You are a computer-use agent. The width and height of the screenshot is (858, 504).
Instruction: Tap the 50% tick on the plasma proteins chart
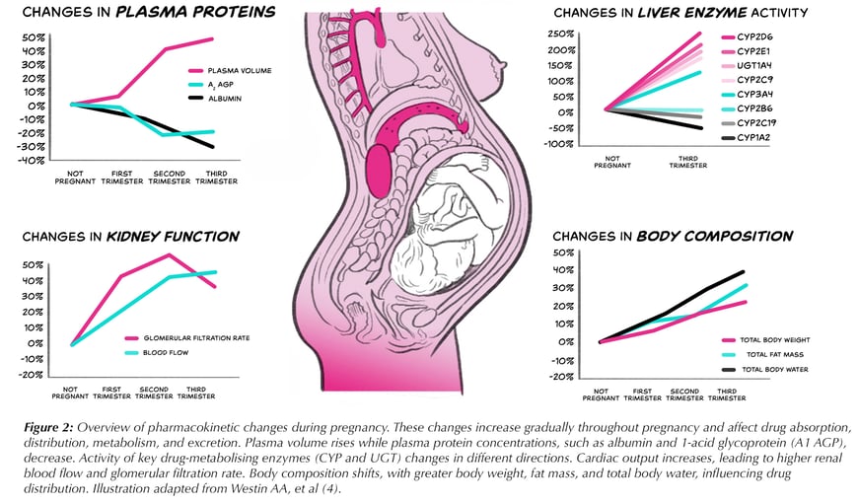[x=34, y=37]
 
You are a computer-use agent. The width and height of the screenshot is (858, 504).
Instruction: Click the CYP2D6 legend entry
[x=754, y=37]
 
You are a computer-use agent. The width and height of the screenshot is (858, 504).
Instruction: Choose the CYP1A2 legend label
[x=753, y=138]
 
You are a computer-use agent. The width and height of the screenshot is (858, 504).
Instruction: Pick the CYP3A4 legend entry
[x=753, y=95]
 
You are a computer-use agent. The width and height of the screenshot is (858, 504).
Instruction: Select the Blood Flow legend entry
[x=172, y=352]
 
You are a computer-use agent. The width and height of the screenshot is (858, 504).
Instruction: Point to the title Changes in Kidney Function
[x=130, y=237]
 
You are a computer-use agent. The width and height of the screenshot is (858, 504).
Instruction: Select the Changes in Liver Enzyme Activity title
[x=680, y=13]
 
